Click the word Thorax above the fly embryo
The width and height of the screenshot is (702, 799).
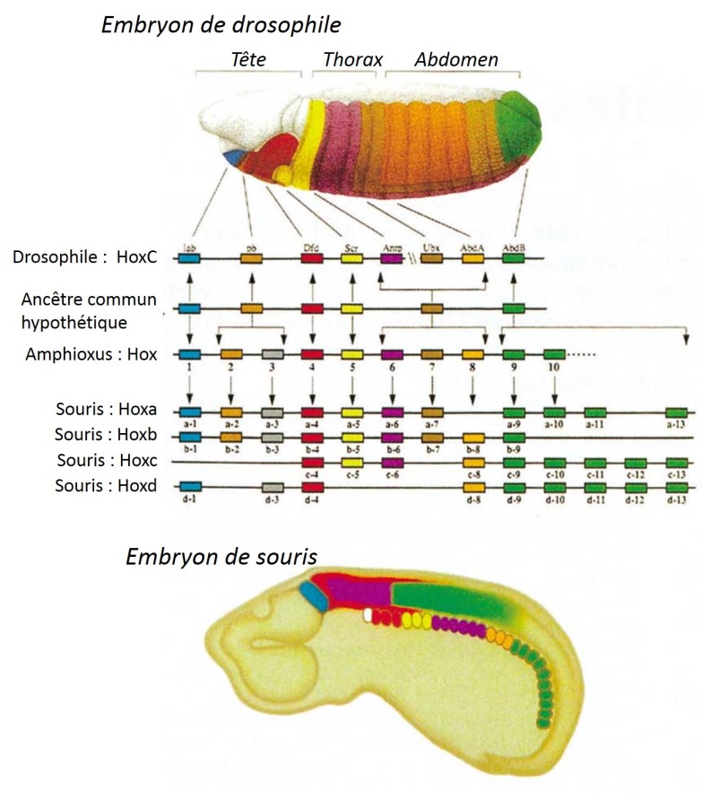[x=352, y=60]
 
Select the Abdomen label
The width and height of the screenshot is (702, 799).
[x=456, y=60]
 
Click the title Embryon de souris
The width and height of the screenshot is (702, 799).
[x=221, y=557]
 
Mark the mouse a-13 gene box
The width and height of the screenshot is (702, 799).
[x=678, y=412]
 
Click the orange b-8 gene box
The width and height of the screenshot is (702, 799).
[x=473, y=437]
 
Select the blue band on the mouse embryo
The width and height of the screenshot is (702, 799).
[x=315, y=597]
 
